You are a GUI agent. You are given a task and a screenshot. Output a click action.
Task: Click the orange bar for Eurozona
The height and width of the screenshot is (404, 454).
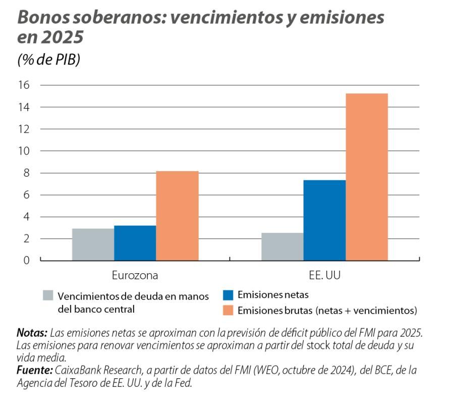(177, 216)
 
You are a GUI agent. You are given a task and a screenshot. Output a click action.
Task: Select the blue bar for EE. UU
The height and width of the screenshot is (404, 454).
(324, 220)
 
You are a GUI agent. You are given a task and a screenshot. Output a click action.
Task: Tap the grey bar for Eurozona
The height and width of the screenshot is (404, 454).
(93, 244)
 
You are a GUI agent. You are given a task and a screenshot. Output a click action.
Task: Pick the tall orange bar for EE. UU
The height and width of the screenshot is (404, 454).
(367, 177)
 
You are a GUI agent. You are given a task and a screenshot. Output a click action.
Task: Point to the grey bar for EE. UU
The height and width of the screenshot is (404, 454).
(282, 246)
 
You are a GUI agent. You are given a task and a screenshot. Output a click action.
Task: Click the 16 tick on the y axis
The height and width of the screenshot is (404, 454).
(24, 85)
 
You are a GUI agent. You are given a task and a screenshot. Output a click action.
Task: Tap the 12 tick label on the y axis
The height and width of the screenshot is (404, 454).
(24, 129)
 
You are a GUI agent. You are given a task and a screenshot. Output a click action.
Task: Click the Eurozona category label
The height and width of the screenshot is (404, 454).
(135, 276)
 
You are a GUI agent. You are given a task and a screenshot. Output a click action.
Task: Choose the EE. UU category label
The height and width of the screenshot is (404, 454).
(324, 276)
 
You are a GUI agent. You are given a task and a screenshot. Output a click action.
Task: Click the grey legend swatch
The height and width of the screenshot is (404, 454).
(48, 295)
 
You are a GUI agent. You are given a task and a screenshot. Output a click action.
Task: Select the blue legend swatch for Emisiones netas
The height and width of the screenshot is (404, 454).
(228, 294)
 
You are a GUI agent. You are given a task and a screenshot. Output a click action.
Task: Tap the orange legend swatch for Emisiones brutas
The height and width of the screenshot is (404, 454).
(228, 310)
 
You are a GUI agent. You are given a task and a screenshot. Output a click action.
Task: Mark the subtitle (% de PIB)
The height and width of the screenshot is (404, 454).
(49, 60)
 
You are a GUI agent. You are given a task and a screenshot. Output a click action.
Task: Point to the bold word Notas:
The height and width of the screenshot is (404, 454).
(32, 333)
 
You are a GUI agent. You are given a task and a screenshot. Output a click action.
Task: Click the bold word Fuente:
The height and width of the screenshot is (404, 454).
(34, 371)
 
